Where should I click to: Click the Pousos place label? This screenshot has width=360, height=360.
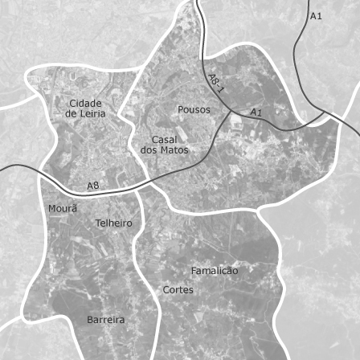[194, 109]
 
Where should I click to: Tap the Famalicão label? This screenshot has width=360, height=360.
[215, 271]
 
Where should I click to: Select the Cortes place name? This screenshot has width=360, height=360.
[178, 289]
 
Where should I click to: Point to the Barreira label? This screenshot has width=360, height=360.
[106, 320]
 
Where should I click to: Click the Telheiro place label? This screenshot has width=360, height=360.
[114, 223]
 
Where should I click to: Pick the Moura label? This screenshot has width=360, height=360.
[63, 209]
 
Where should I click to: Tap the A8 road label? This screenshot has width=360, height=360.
[93, 186]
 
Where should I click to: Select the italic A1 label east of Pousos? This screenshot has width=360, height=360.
[256, 112]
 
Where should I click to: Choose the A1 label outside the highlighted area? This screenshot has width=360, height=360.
[316, 16]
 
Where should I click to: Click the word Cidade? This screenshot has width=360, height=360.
[86, 103]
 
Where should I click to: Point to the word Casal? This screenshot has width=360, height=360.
[164, 140]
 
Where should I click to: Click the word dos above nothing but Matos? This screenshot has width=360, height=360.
[149, 150]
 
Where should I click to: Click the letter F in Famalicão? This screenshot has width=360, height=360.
[194, 271]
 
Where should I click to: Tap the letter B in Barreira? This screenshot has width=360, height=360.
[90, 320]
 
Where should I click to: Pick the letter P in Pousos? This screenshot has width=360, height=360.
[180, 109]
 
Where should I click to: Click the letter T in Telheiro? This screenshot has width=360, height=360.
[98, 223]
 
